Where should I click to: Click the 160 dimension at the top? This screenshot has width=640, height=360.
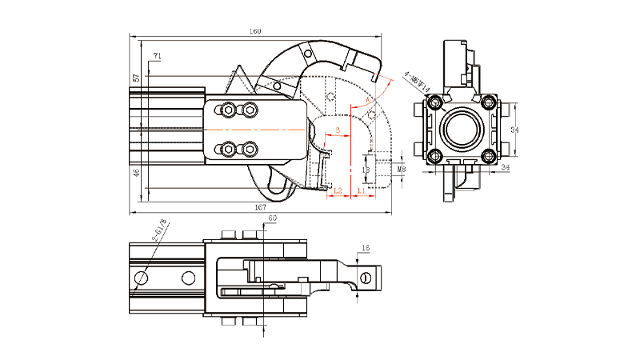(x=255, y=32)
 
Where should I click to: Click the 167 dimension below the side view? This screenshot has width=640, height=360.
(x=260, y=207)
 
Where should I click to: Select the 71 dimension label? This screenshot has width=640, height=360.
(x=158, y=55)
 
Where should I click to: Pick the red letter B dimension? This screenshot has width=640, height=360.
(x=338, y=130)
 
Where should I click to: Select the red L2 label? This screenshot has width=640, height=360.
(x=338, y=191)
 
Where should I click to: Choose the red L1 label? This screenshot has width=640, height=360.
(x=362, y=191)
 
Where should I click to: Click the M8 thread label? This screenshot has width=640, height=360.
(x=402, y=170)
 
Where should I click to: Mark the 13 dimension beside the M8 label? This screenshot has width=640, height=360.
(x=366, y=170)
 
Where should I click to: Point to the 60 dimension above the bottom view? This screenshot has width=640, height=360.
(x=272, y=218)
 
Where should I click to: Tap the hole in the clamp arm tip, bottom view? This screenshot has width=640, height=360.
(x=366, y=278)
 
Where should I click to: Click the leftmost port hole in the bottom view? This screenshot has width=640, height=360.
(x=142, y=277)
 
